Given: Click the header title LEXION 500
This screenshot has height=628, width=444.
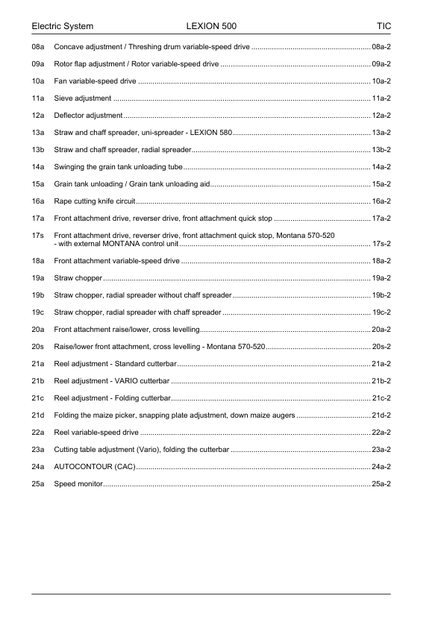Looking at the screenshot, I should click(211, 27).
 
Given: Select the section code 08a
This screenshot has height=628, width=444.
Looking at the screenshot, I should click(38, 47).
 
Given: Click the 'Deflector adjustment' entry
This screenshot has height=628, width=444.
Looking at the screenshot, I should click(88, 116).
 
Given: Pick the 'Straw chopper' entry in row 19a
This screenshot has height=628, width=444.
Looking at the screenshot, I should click(78, 278).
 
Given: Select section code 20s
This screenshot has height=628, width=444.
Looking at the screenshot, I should click(38, 347).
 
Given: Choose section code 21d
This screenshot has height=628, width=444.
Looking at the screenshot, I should click(38, 415).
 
